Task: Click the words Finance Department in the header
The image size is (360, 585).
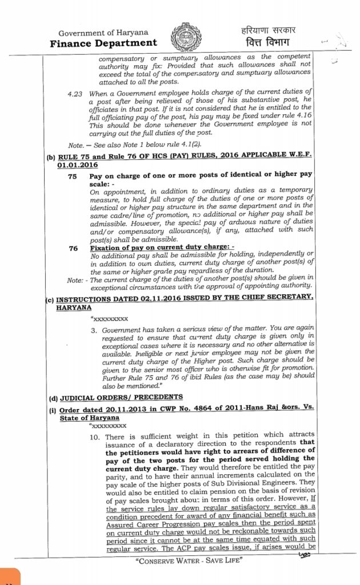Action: pyautogui.click(x=103, y=43)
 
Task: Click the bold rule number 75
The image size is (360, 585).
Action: pyautogui.click(x=73, y=177)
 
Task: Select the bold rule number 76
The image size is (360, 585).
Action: pyautogui.click(x=73, y=248)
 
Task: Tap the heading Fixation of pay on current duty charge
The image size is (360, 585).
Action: pyautogui.click(x=147, y=248)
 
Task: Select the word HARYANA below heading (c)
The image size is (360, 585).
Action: pyautogui.click(x=73, y=307)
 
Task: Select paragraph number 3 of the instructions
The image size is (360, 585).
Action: pyautogui.click(x=93, y=331)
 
